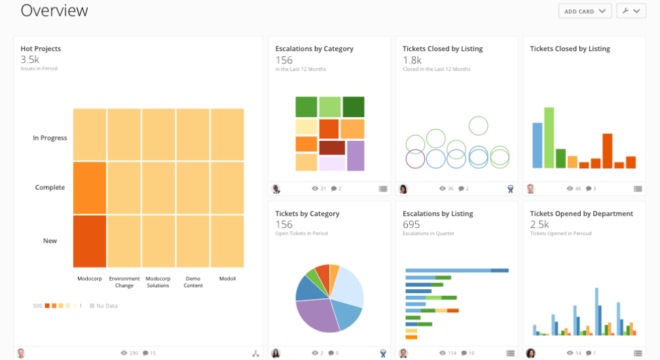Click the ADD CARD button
pyautogui.click(x=585, y=11)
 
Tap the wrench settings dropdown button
pyautogui.click(x=631, y=11)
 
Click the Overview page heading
pyautogui.click(x=54, y=10)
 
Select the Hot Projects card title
pyautogui.click(x=41, y=48)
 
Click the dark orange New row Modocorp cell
pyautogui.click(x=90, y=241)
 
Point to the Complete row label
pyautogui.click(x=50, y=188)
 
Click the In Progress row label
pyautogui.click(x=50, y=138)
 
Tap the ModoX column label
pyautogui.click(x=227, y=278)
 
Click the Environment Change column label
pyautogui.click(x=124, y=281)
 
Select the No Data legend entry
pyautogui.click(x=105, y=306)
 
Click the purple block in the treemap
pyautogui.click(x=355, y=156)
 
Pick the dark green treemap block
pyautogui.click(x=353, y=107)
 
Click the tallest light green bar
pyautogui.click(x=549, y=137)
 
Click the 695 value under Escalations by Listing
pyautogui.click(x=411, y=225)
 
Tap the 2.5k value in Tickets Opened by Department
pyautogui.click(x=540, y=225)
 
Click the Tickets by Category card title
pyautogui.click(x=307, y=213)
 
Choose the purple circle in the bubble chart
pyautogui.click(x=415, y=158)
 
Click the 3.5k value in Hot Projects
pyautogui.click(x=29, y=60)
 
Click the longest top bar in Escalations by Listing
pyautogui.click(x=456, y=270)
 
